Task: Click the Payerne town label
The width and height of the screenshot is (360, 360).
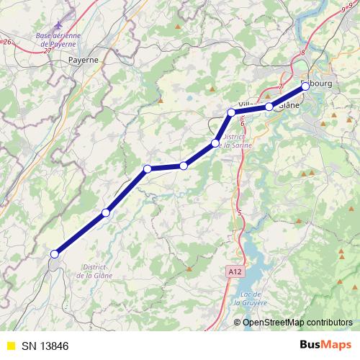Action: [84, 60]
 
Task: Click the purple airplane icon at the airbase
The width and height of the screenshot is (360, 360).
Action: [69, 16]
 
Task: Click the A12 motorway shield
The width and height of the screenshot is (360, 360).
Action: [233, 272]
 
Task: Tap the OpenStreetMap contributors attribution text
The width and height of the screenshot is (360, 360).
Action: [297, 322]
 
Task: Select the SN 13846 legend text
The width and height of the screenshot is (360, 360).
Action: [45, 346]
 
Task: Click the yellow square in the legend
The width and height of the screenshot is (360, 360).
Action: [10, 346]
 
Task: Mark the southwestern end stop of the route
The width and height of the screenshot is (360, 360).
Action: [54, 253]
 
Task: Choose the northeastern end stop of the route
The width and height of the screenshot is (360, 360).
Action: [305, 86]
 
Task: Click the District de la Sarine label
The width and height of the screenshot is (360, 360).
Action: [235, 141]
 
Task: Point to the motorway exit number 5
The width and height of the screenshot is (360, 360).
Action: [239, 212]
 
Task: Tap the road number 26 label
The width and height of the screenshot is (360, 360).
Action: [7, 42]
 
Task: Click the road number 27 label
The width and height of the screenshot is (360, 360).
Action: [47, 51]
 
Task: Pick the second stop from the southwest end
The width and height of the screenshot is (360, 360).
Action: [106, 212]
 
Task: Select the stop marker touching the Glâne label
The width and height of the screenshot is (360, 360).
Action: [269, 107]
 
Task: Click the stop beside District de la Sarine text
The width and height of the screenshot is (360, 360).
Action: [215, 143]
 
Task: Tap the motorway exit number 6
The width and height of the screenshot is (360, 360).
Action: [243, 123]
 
